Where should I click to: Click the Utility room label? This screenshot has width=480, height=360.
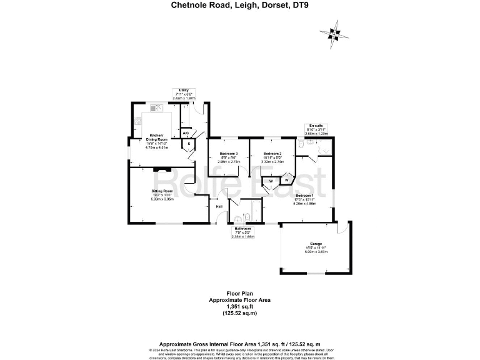pos(184,90)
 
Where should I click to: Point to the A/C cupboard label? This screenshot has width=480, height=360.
pos(186,133)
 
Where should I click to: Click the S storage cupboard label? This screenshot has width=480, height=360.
pos(189,144)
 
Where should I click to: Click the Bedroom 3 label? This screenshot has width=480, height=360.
pos(228,153)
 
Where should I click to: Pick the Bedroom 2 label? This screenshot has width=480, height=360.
pos(272,153)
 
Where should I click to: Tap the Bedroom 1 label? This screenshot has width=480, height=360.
pos(305,196)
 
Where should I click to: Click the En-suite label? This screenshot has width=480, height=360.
pos(316,126)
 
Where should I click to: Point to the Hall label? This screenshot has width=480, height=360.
pos(219,206)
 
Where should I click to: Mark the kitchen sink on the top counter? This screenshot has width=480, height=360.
pos(154,107)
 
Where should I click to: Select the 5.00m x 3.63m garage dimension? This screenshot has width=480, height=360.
pos(316,252)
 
